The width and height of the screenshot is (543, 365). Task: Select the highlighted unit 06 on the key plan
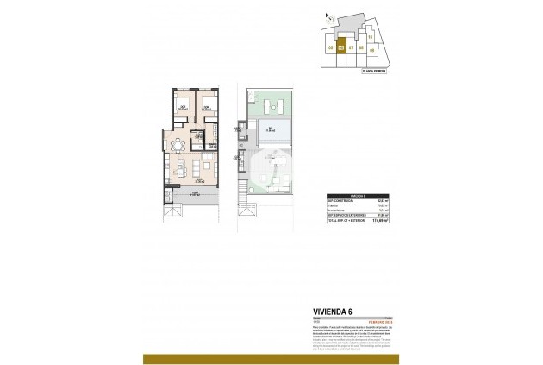coord(341,47)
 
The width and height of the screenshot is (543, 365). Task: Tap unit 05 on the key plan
coord(331,48)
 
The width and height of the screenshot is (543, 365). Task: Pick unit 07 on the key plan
coord(352,47)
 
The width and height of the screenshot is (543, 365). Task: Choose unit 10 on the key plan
coord(370,37)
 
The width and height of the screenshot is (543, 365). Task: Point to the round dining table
coord(179,144)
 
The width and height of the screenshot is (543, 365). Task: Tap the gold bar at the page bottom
coord(271,358)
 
